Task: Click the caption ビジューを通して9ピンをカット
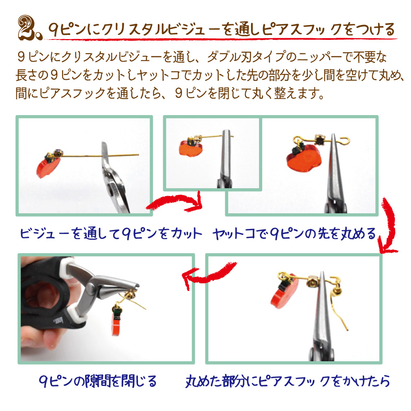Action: click(111, 233)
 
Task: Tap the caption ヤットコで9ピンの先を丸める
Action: click(294, 233)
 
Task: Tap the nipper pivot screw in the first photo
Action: click(111, 189)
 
